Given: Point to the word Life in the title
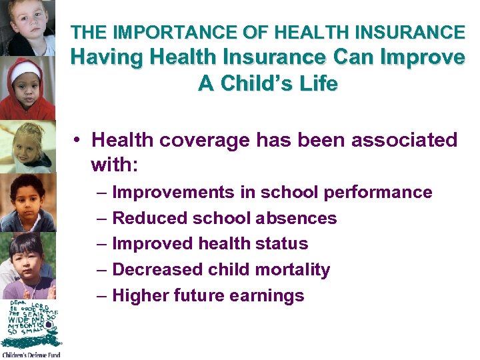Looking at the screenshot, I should [319, 84].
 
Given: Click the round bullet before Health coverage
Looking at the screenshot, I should [78, 140].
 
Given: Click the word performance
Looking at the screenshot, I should [378, 193].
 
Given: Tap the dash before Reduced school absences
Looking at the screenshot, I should [101, 218].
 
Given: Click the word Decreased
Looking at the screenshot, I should [149, 269].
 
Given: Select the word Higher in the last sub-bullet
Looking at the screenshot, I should [140, 295].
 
